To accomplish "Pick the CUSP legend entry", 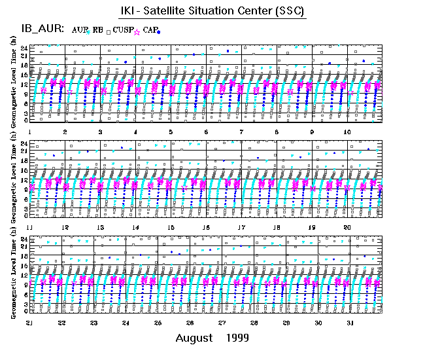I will click(x=123, y=29).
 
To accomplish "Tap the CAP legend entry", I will click(x=150, y=29).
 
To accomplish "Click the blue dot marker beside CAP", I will click(x=159, y=32).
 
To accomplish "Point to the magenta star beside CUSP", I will click(x=137, y=30).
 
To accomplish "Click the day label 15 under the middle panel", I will click(x=171, y=227).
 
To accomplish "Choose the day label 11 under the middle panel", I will click(x=30, y=227).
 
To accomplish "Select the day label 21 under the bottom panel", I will click(x=30, y=323).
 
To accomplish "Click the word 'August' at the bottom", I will click(x=194, y=338).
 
